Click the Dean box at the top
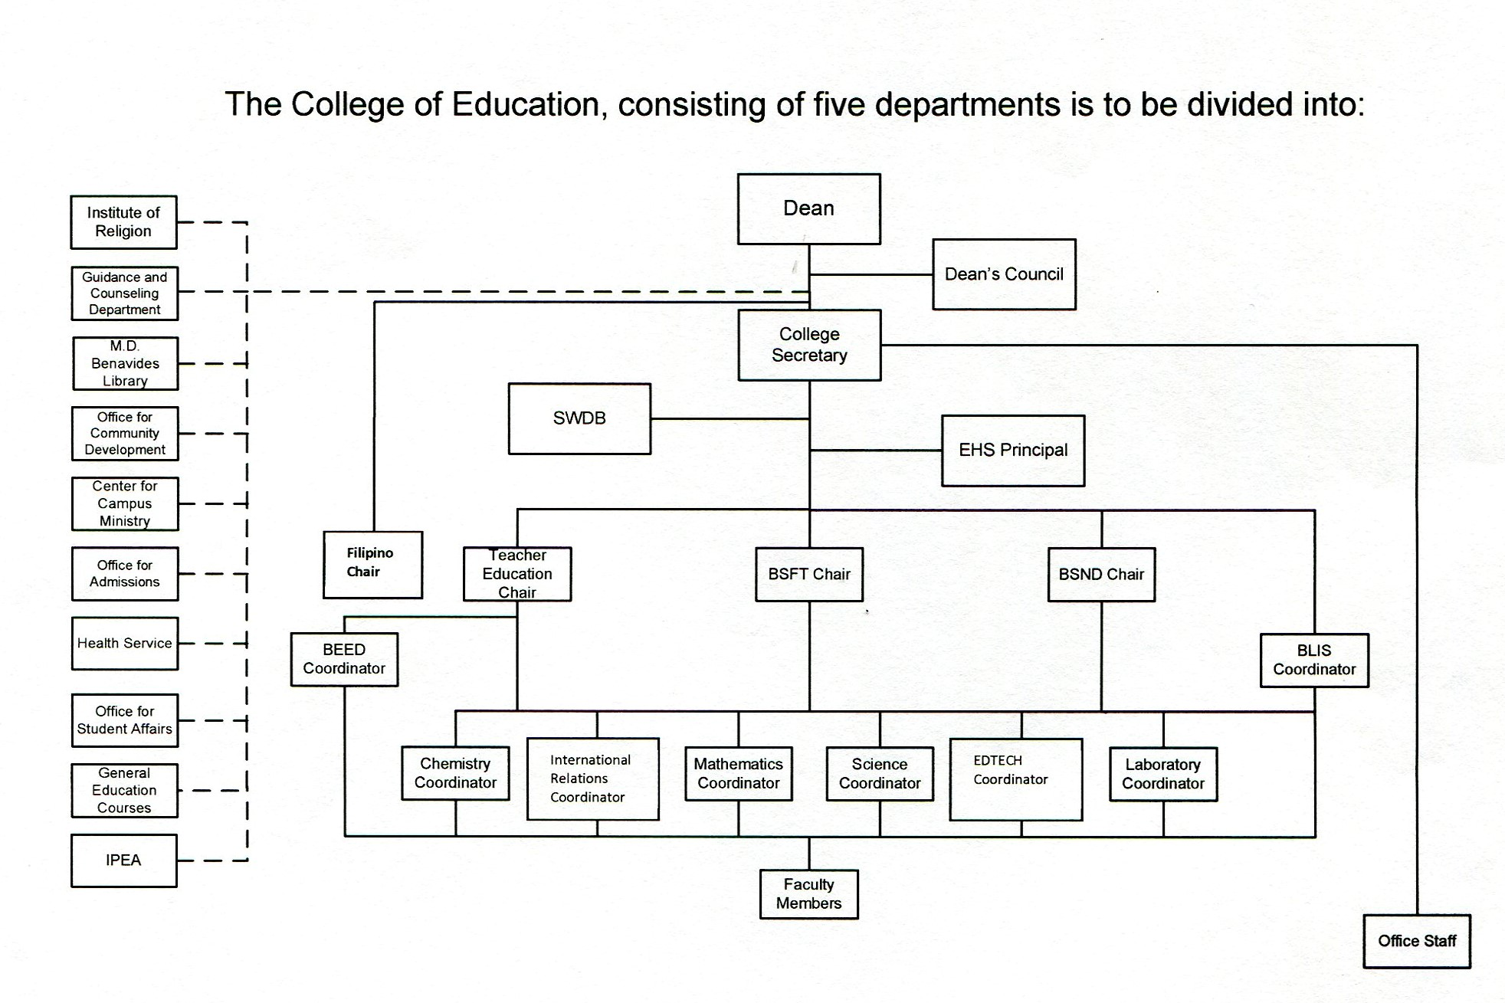[808, 208]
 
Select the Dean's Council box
[1004, 274]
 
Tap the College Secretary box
[809, 345]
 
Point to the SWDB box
[579, 418]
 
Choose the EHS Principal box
[1013, 451]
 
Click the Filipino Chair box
[372, 565]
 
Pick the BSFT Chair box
[809, 574]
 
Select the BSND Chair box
[1101, 574]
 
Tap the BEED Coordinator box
[344, 659]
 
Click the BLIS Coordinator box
[1314, 660]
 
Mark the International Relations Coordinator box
[593, 778]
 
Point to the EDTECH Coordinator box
[1016, 779]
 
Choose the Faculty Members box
[808, 893]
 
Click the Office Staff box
[1417, 941]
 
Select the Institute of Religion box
[123, 222]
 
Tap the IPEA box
[123, 860]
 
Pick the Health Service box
[125, 644]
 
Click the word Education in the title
[525, 104]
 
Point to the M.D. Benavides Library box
[126, 363]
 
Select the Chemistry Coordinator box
[455, 773]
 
